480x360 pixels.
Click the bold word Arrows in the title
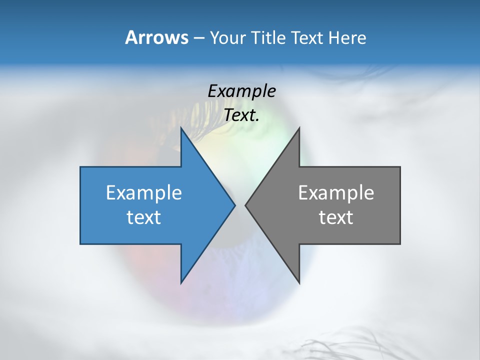coord(156,37)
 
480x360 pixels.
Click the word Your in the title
coord(228,37)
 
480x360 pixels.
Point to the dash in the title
coord(198,37)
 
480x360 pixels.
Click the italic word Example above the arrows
coord(241,91)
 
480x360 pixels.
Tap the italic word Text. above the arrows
coord(241,115)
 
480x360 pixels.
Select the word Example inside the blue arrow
coord(144,192)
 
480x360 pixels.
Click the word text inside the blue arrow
coord(144,217)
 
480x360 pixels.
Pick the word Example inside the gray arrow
coord(336,192)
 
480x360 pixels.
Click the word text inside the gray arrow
coord(336,217)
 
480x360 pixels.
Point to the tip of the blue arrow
coord(234,205)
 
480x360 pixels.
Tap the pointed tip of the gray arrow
coord(245,205)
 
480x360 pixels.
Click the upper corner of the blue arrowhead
coord(181,128)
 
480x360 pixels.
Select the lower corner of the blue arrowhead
coord(181,283)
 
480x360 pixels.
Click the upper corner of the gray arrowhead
coord(299,128)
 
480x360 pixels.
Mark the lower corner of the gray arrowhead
coord(299,283)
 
